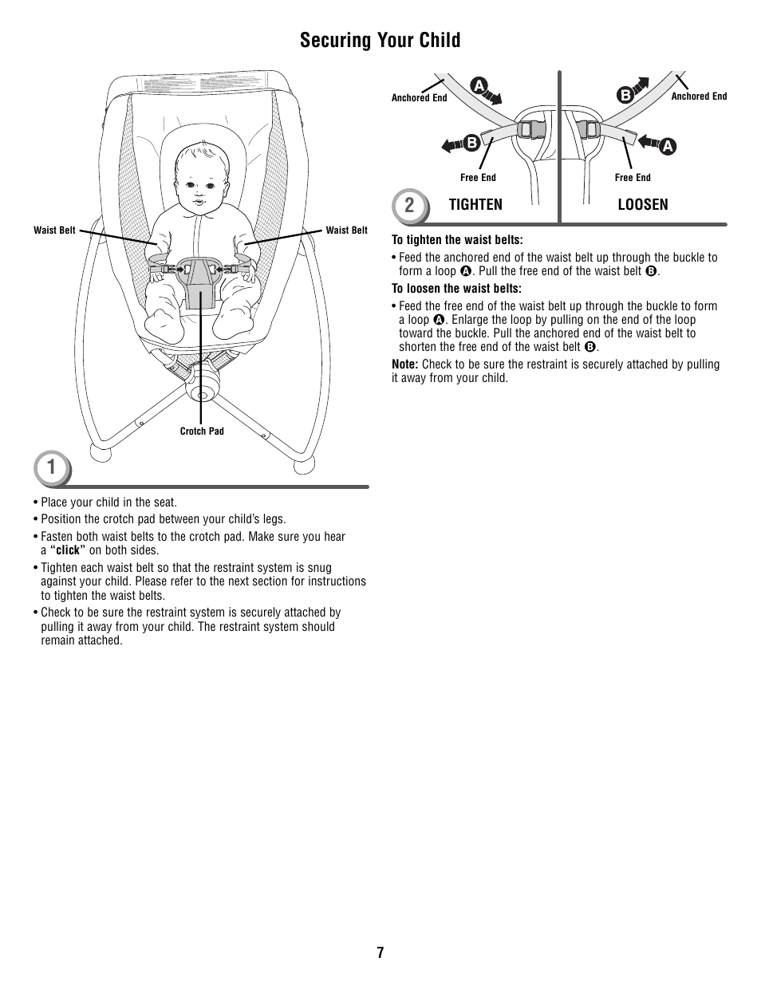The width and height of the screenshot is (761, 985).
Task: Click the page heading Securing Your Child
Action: coord(380,41)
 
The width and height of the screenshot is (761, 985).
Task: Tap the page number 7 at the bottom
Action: coord(380,952)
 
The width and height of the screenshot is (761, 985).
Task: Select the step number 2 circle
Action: coord(408,205)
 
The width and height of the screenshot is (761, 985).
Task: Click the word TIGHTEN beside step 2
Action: coord(475,205)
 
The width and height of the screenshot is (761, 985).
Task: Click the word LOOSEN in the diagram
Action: coord(643,205)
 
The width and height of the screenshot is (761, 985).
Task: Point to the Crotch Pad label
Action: coord(202,431)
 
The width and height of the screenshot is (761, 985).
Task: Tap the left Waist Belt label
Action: coord(54,230)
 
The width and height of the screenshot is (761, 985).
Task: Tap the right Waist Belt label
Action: coord(347,230)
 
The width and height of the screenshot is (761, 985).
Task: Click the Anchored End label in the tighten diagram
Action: coord(419,99)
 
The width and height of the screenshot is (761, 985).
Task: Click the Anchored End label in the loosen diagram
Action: coord(699,97)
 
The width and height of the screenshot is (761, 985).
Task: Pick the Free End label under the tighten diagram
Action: coord(478,178)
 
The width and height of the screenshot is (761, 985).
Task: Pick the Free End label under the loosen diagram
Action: coord(633,178)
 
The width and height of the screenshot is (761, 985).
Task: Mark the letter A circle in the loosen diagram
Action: coord(668,145)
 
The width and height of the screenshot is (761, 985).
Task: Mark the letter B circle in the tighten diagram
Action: coord(471,143)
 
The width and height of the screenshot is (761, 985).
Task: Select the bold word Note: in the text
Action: coord(405,364)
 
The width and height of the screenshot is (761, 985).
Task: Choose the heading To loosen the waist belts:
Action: coord(456,289)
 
